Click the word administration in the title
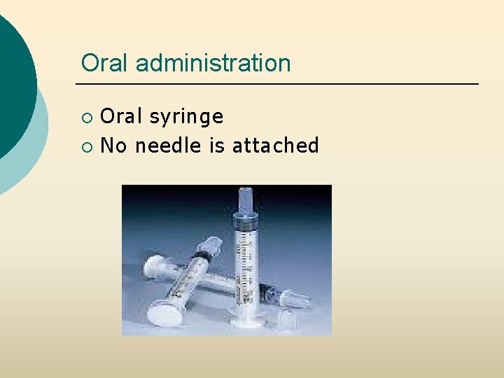[213, 63]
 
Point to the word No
[114, 146]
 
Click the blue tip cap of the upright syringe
[246, 199]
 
